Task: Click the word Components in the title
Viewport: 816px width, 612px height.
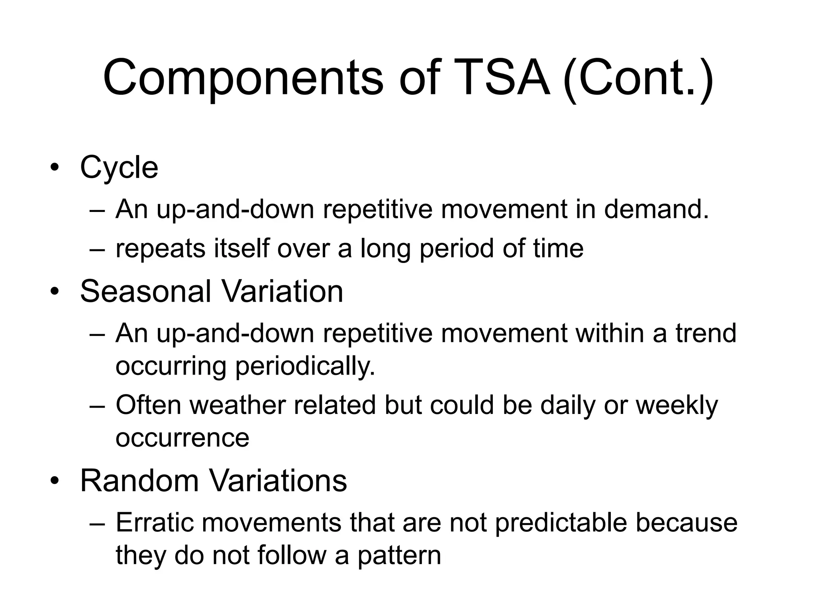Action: coord(243,78)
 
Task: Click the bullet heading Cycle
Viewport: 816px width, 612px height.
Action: coord(119,168)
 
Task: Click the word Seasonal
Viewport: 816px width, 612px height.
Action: coord(145,292)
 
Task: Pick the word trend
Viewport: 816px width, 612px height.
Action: coord(706,333)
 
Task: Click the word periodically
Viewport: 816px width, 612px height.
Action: coord(305,367)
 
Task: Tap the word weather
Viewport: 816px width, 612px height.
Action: coord(237,405)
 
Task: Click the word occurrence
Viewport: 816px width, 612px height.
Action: coord(182,438)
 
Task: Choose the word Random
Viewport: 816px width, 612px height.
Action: coord(139,481)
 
